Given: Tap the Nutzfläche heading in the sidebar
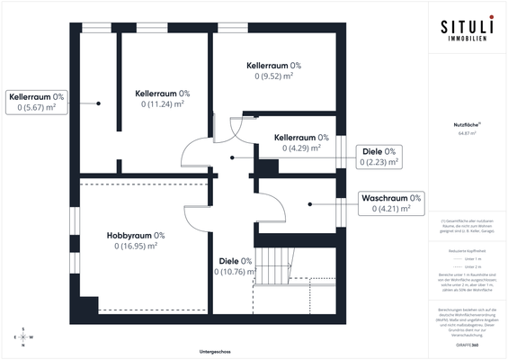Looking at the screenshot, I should tap(465, 125).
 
